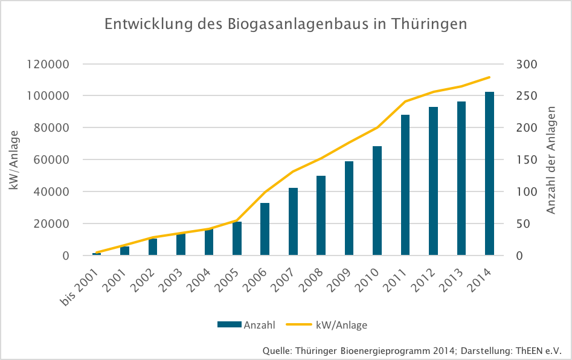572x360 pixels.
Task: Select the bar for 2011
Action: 405,185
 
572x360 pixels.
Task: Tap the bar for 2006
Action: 265,230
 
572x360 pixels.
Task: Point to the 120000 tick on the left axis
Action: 48,65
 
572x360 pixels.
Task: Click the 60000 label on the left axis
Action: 51,160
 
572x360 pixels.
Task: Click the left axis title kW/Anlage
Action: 14,160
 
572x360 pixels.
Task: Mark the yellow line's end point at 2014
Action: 489,77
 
